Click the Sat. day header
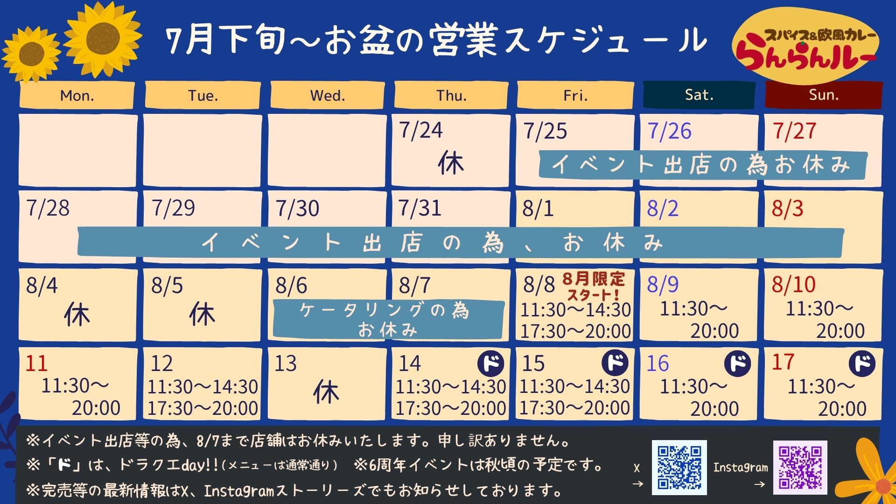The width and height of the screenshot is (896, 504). pos(699,95)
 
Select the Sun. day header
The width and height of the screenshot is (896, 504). pos(824,95)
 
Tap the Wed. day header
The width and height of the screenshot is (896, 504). pos(328,96)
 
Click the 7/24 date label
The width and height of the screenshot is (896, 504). pos(421,130)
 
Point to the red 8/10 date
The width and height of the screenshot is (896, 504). pos(793,284)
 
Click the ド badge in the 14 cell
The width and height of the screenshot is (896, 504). pos(491,363)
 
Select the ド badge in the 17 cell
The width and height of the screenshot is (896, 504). pos(862,363)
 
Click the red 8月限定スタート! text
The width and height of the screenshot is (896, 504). pos(594,287)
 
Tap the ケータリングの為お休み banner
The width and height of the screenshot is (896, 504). pos(388,319)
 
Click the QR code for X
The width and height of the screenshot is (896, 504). pos(679,467)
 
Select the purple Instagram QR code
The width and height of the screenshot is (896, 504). pos(800,467)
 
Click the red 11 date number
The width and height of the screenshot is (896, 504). pos(36,363)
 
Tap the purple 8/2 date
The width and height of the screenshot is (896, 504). pos(662,208)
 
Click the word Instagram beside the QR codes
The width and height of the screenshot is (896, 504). pos(740,468)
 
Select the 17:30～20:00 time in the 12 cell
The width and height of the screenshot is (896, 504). pos(203,408)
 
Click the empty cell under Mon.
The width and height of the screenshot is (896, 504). pos(78,150)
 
